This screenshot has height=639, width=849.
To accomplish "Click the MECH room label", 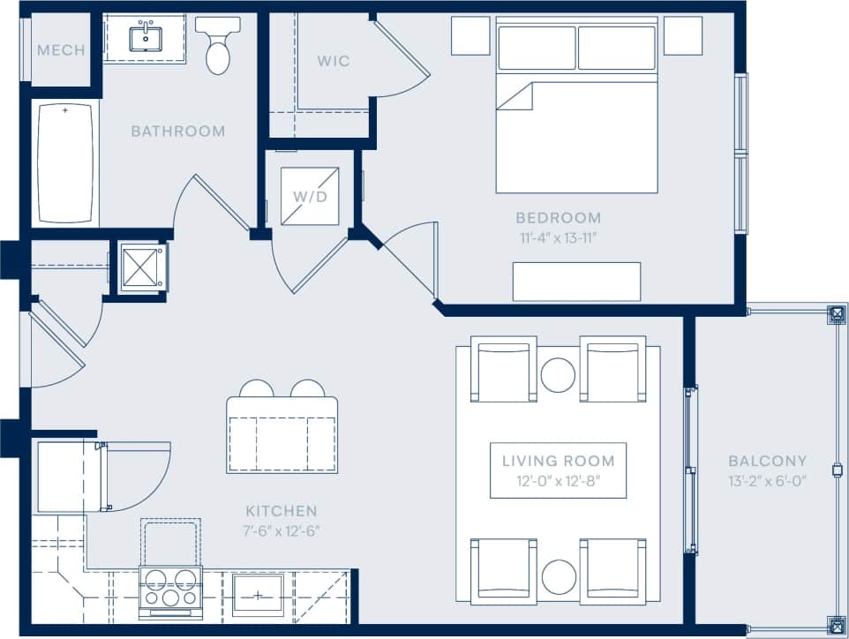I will (61, 50).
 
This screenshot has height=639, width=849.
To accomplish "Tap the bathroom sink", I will (144, 39).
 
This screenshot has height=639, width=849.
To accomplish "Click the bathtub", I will (65, 162).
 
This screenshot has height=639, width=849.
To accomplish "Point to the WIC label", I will (334, 61).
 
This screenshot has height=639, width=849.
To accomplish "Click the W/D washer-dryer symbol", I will (310, 196).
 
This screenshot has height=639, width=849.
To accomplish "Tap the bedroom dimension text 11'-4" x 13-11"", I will (559, 237).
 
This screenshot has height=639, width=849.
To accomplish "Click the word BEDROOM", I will (559, 217).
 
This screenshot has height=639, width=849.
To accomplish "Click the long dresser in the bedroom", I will (577, 281).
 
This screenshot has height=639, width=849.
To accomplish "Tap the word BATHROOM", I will (178, 132).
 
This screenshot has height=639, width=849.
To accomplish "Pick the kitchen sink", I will (259, 594).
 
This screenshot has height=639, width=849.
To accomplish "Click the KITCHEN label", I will (281, 511).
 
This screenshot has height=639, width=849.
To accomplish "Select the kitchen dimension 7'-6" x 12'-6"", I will (281, 531).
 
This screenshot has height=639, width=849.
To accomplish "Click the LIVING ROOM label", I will (559, 461).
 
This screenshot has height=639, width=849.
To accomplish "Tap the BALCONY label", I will (767, 461).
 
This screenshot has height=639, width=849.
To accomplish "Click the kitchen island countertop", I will (282, 434).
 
